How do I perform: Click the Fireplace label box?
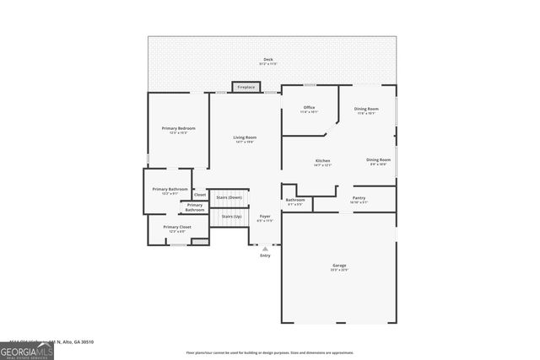pos(246,87)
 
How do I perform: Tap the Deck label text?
pos(268,61)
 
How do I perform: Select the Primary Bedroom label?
pos(179,130)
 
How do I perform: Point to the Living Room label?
pos(245,139)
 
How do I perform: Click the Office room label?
pos(309,109)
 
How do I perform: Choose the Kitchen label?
pos(322,162)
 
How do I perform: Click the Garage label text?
pos(338,267)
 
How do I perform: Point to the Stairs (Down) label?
pos(229,197)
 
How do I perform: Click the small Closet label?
pos(200,195)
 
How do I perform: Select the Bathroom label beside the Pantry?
pos(295,201)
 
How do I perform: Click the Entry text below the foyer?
pos(265,255)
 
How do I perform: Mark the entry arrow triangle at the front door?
pos(265,249)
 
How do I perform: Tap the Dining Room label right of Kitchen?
pos(378,161)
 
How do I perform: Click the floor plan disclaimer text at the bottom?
pos(270,353)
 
